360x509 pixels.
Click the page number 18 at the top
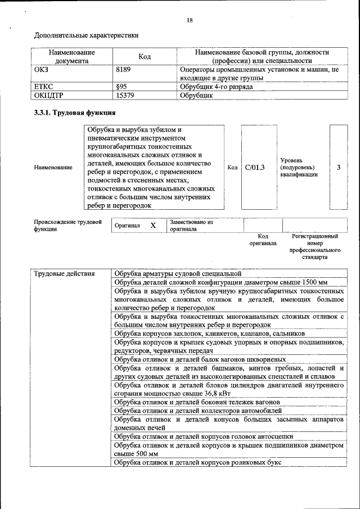point(190,20)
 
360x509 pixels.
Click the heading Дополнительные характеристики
point(86,35)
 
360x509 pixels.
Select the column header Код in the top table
point(145,57)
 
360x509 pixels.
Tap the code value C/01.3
point(255,167)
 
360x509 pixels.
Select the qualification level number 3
point(338,167)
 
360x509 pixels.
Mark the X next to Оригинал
point(152,225)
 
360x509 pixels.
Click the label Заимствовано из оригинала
point(191,226)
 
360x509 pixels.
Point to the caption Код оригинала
point(263,240)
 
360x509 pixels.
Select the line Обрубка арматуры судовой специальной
point(177,274)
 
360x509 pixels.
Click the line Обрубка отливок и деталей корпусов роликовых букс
point(197,462)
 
